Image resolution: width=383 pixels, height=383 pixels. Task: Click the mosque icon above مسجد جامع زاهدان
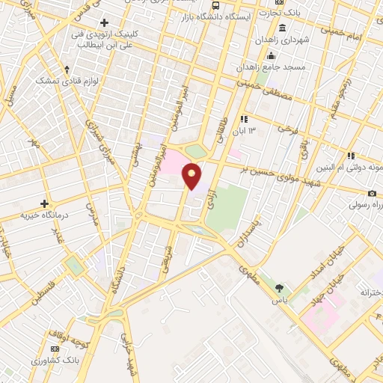pyautogui.click(x=271, y=55)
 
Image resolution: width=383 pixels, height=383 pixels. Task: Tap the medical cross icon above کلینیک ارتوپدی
pyautogui.click(x=104, y=22)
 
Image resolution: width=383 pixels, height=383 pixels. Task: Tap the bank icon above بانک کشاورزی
pyautogui.click(x=55, y=349)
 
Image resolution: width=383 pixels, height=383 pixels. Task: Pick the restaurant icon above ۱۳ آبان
pyautogui.click(x=243, y=119)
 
